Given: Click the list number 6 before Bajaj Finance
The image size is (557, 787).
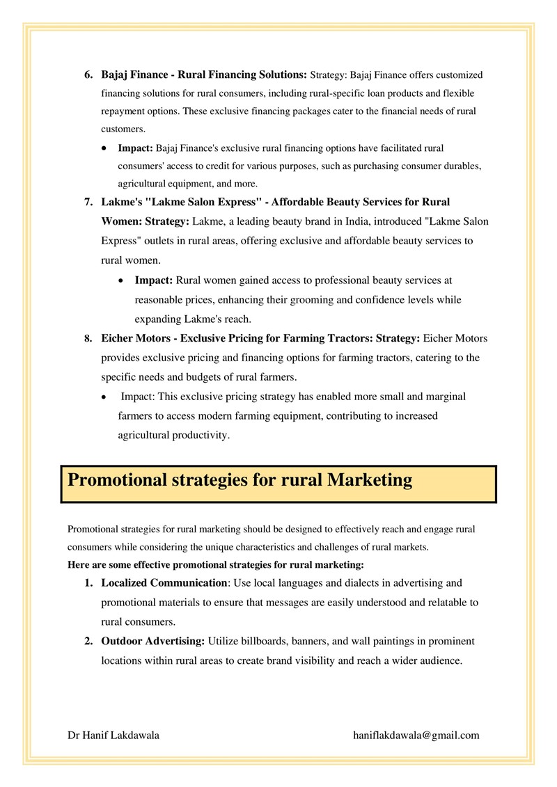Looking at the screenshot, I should pos(88,74).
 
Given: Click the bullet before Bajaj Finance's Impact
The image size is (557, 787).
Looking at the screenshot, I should pos(104,149).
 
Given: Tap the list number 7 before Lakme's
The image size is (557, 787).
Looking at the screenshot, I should pos(88,202).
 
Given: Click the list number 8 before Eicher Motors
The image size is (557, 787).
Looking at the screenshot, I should pos(88,339).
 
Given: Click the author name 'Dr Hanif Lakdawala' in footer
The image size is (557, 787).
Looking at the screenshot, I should pos(113,735).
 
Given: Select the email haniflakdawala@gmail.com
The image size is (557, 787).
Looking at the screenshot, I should pos(416,735).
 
